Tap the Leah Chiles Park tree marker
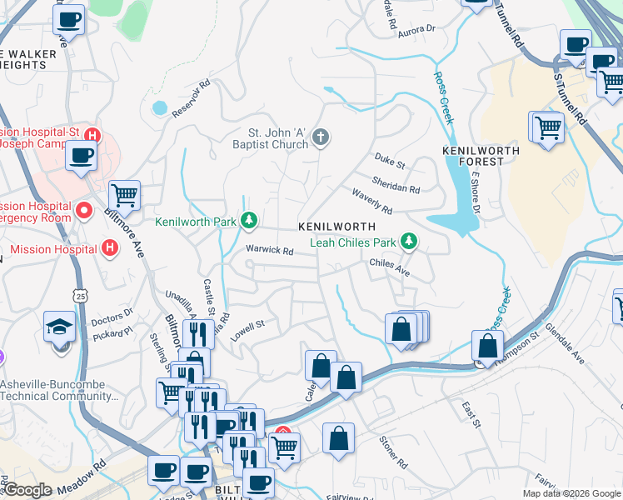coord(408,242)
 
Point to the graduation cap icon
coord(61,327)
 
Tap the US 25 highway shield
coord(80,295)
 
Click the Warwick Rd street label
coord(269,250)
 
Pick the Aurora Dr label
coord(417,30)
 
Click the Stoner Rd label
coord(393,451)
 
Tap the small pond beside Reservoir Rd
coord(159,107)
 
